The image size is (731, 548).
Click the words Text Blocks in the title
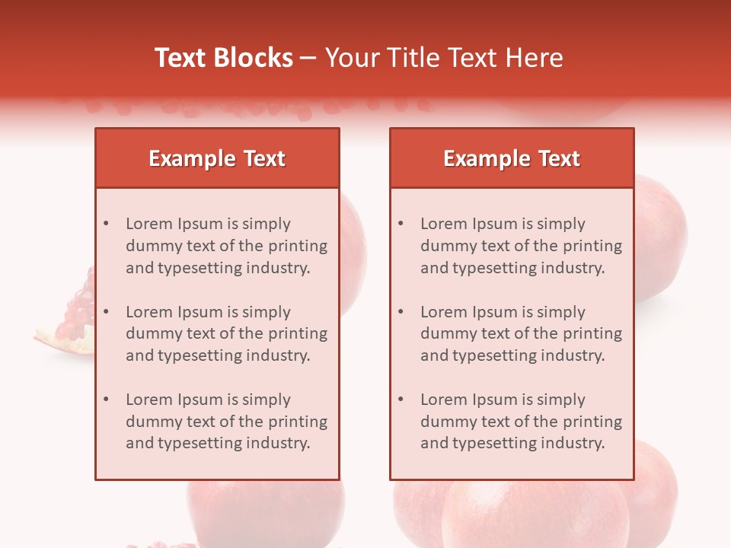pyautogui.click(x=223, y=58)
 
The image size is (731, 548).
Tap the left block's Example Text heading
pyautogui.click(x=217, y=158)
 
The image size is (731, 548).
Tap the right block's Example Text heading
pyautogui.click(x=512, y=158)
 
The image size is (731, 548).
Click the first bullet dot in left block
pyautogui.click(x=106, y=224)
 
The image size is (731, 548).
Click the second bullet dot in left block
pyautogui.click(x=106, y=312)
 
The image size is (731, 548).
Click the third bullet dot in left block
pyautogui.click(x=106, y=400)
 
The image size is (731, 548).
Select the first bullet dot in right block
pyautogui.click(x=401, y=224)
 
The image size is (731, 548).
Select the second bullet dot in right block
pyautogui.click(x=401, y=312)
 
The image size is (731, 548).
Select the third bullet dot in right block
pyautogui.click(x=401, y=400)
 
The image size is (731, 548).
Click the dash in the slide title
pyautogui.click(x=308, y=58)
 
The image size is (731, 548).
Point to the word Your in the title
pyautogui.click(x=348, y=58)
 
